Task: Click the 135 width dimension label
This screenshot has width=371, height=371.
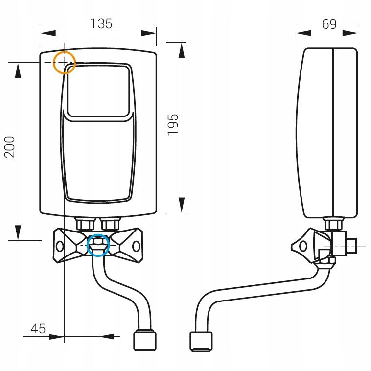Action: [x=101, y=23]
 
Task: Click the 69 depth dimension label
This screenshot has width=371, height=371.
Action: [x=329, y=23]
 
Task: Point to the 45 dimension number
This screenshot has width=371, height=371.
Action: [x=38, y=328]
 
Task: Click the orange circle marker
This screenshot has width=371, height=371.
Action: [x=64, y=62]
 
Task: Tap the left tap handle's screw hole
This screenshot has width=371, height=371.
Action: [x=60, y=246]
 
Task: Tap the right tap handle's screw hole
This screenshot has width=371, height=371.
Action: [x=136, y=246]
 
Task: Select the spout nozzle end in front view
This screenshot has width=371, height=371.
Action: [x=145, y=341]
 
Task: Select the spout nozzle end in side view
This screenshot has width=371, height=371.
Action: [x=201, y=342]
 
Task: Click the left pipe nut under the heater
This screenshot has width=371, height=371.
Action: [x=86, y=225]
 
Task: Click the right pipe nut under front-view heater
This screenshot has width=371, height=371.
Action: [x=110, y=225]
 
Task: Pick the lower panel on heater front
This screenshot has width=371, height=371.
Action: [x=98, y=159]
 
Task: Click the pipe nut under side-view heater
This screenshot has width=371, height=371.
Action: [x=334, y=225]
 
